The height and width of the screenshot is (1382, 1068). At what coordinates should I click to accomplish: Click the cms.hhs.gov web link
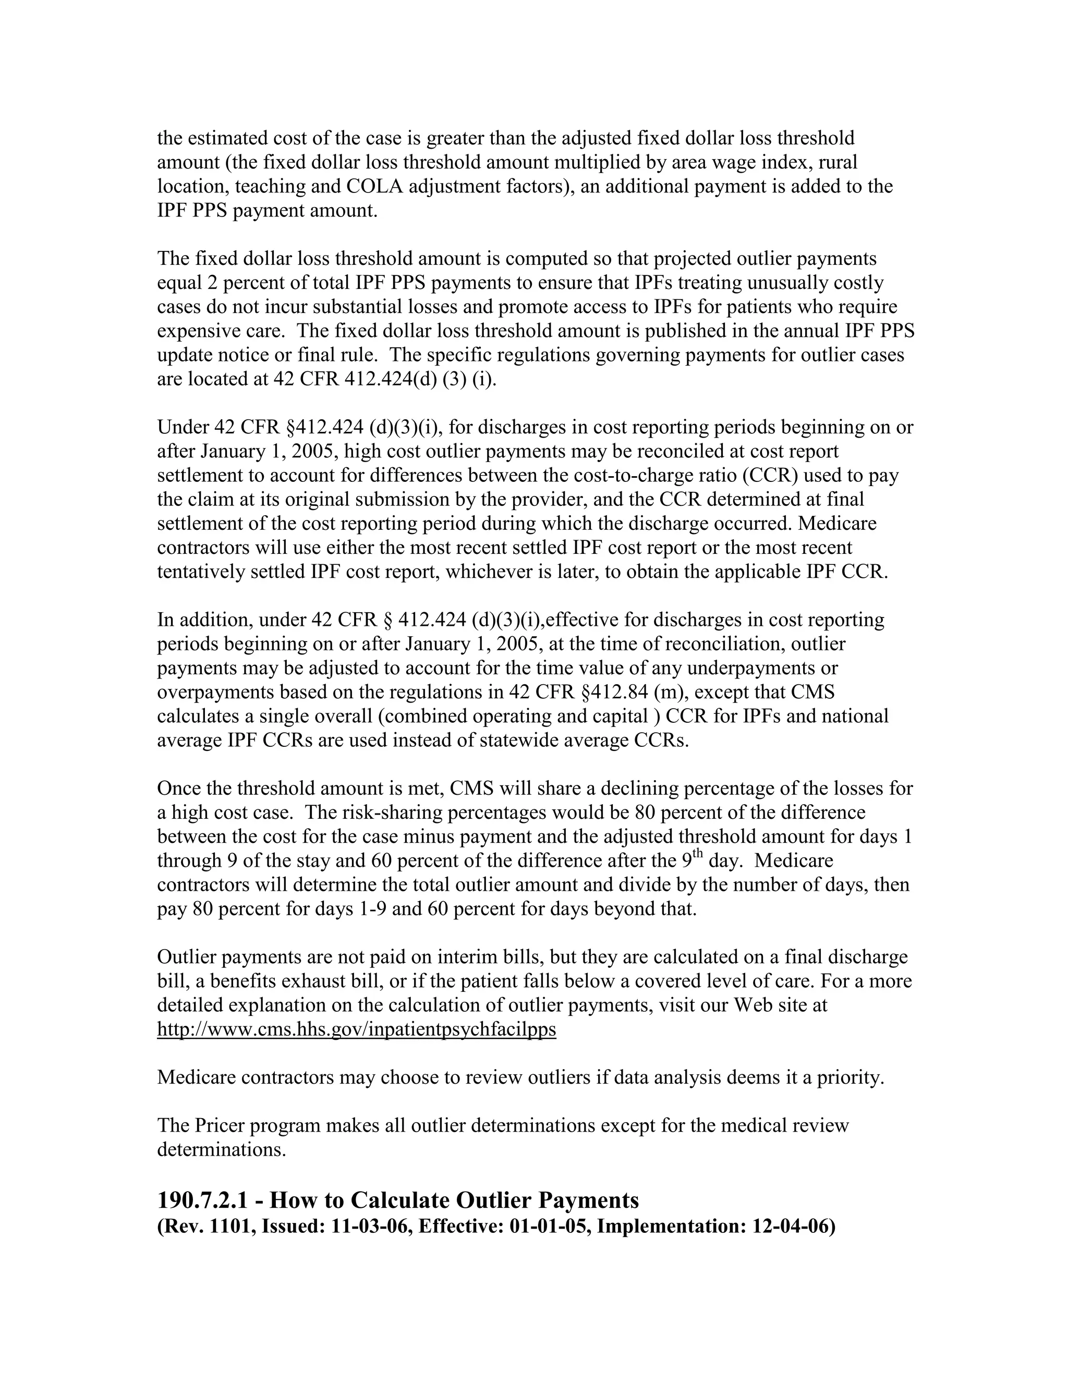356,1029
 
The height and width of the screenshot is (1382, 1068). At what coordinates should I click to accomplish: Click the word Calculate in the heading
399,1200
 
